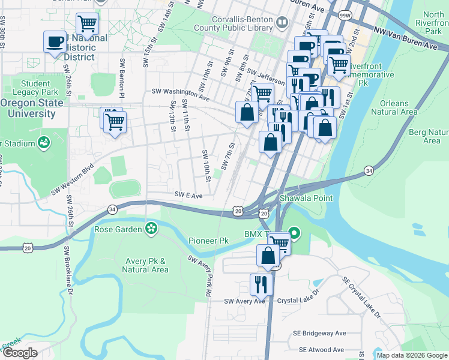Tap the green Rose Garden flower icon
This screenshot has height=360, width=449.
[151, 228]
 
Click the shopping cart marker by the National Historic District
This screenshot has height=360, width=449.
[88, 25]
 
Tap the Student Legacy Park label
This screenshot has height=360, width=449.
[38, 88]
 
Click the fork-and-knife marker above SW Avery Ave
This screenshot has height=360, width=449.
[261, 284]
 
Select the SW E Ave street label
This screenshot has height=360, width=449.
[188, 196]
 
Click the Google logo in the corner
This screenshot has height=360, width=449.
[20, 353]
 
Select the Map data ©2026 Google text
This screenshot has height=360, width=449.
[411, 355]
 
